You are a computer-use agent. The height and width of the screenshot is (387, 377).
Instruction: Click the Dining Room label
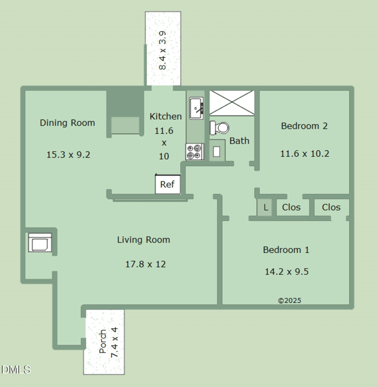coord(67,123)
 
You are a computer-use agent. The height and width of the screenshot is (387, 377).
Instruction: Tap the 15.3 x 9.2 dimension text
coord(68,154)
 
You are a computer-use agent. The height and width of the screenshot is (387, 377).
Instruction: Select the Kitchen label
coord(165,116)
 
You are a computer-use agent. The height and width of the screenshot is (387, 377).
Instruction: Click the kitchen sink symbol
coord(196,108)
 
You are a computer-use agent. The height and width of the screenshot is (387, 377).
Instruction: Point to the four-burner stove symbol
coord(194,152)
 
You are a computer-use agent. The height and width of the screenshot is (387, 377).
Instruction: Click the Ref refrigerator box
coord(168,184)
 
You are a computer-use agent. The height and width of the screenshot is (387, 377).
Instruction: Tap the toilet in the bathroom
coord(220,128)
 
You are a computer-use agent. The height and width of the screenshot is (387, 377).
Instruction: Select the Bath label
coord(239,140)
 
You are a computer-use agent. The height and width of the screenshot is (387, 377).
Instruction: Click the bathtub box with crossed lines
coord(231,103)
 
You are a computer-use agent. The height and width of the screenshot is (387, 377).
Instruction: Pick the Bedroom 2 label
coord(304,126)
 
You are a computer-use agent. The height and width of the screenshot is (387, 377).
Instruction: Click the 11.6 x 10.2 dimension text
coord(304,153)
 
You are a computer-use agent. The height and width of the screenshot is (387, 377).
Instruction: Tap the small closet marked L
coord(266,207)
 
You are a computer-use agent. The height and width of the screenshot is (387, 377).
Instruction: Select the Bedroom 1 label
coord(286,250)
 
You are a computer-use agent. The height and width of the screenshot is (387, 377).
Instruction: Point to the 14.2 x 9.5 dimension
coord(287,271)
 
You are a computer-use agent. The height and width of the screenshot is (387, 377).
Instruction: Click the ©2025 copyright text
coord(289,300)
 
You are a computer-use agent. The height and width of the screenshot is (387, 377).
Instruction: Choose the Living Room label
coord(143,240)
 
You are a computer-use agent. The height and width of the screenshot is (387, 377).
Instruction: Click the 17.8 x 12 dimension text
coord(145,264)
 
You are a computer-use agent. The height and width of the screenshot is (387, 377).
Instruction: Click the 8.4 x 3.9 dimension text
coord(163,50)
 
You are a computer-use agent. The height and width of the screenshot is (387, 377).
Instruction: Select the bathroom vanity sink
coord(217,151)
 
